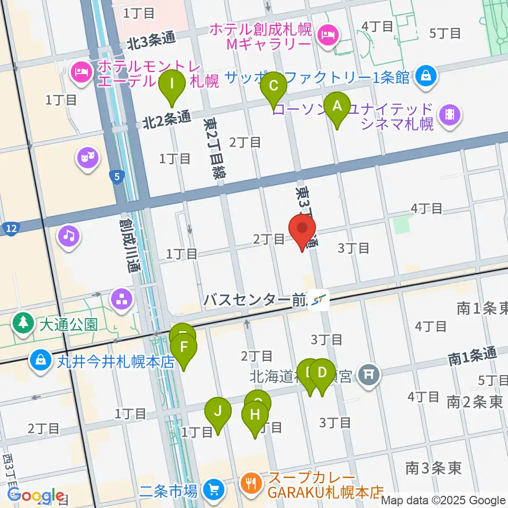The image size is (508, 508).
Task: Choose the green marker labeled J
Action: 218,412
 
